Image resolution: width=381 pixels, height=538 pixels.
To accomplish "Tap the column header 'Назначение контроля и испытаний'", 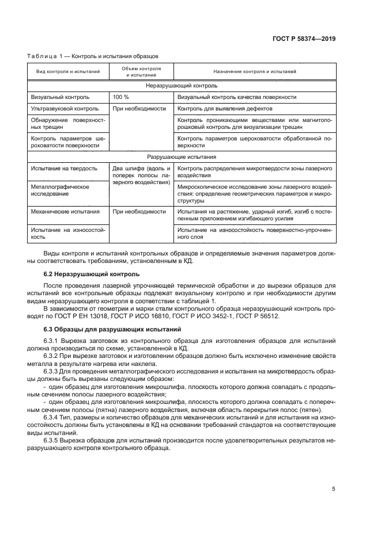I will pyautogui.click(x=254, y=72).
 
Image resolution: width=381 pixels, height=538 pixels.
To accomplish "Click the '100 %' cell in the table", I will pyautogui.click(x=121, y=97).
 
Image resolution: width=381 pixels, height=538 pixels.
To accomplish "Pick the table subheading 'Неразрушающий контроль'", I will pyautogui.click(x=181, y=85).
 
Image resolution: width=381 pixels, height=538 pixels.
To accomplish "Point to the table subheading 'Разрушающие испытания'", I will pyautogui.click(x=181, y=157).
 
